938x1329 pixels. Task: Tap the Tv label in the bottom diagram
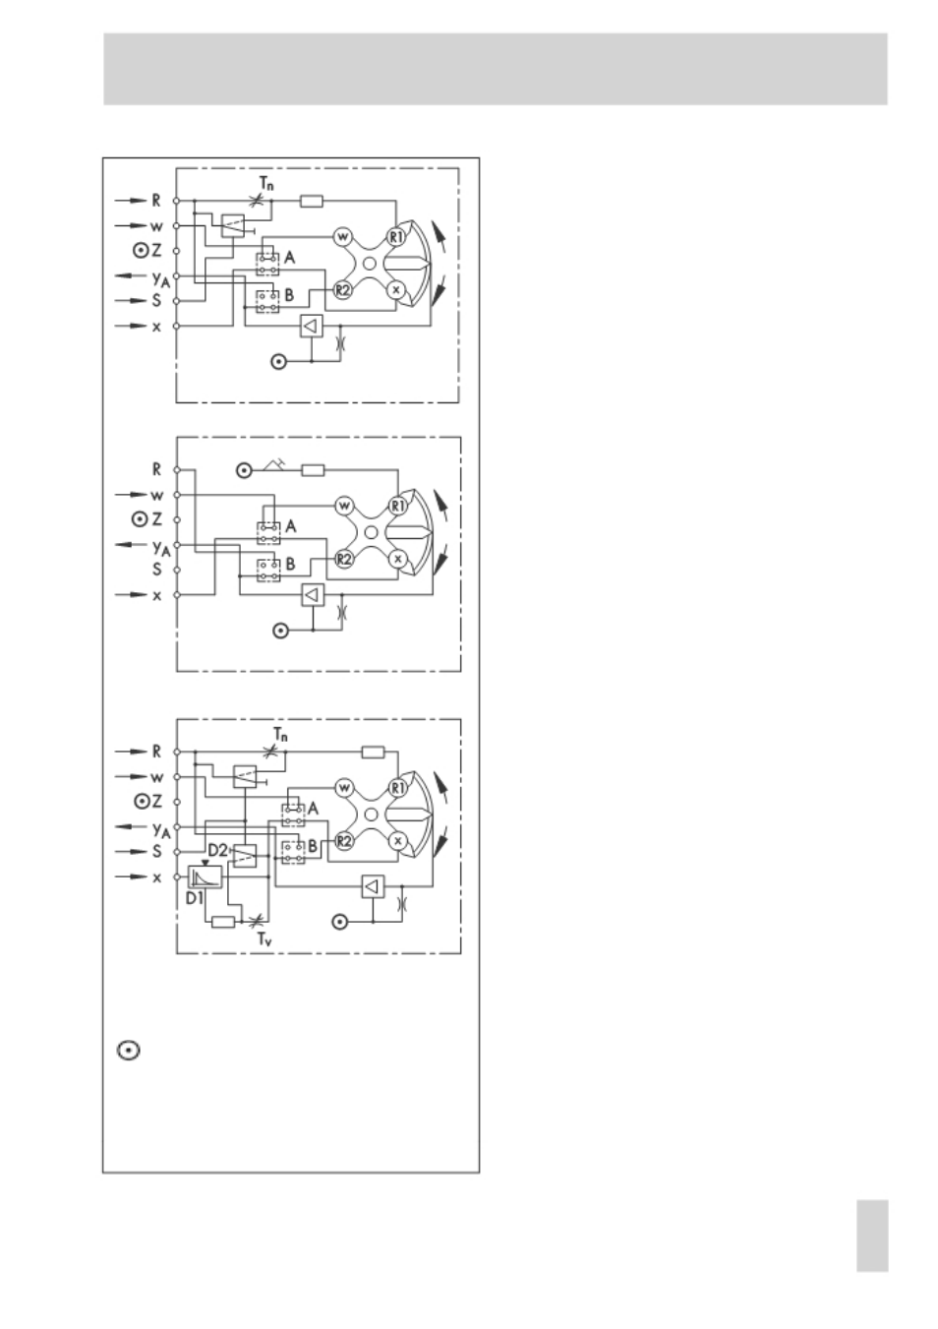pos(264,939)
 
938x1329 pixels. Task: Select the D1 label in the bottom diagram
pos(195,898)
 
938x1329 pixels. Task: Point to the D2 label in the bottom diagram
pos(217,850)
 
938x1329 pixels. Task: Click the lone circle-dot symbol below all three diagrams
pos(129,1051)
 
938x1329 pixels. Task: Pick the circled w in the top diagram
pos(342,237)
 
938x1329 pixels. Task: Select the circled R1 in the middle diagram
pos(398,506)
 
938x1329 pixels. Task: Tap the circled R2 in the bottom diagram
pos(344,841)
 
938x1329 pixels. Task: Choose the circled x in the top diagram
pos(396,290)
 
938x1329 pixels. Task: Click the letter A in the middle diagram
pos(290,526)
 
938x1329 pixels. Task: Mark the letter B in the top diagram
pos(289,295)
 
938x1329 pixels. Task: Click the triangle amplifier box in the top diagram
pos(312,326)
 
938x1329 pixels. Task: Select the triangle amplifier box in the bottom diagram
pos(373,886)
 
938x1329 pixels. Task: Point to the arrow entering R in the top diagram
pos(131,201)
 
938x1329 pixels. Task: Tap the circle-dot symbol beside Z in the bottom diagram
pos(142,802)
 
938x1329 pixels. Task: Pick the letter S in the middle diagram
pos(156,570)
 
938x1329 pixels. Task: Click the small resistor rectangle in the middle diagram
pos(313,470)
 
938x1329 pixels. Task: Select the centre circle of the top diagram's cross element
pos(369,264)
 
